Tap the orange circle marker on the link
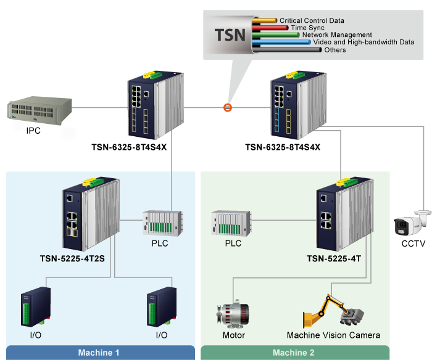227,108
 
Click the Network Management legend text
337,35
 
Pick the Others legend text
334,50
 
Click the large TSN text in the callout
230,35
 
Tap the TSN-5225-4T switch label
333,258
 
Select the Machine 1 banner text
99,353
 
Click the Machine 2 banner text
294,353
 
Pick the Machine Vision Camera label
333,336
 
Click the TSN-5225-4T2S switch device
90,213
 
